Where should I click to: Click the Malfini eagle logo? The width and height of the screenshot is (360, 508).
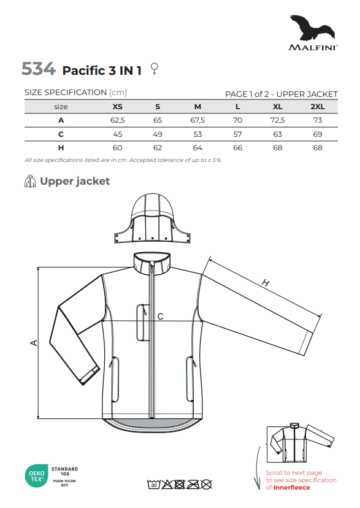tap(312, 28)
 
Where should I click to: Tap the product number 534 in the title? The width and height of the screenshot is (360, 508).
tap(39, 69)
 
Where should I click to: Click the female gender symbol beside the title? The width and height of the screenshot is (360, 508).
tap(155, 69)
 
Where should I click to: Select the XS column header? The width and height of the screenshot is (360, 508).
tap(118, 107)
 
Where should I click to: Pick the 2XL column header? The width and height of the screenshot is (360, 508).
tap(318, 107)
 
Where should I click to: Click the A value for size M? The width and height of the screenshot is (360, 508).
tap(197, 120)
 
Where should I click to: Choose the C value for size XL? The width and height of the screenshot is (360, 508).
tap(277, 134)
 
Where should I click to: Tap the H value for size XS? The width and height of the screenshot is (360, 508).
tap(118, 148)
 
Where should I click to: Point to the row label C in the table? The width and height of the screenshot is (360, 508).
tap(61, 134)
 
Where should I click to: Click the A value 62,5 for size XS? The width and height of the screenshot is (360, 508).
tap(118, 120)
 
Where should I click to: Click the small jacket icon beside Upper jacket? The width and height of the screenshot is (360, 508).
tap(30, 181)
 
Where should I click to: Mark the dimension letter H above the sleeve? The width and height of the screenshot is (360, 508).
tap(266, 283)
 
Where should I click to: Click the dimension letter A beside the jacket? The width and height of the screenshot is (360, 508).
tap(34, 342)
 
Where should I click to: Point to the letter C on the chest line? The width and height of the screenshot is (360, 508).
tap(160, 317)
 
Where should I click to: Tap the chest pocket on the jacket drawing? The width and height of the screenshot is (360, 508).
tap(142, 322)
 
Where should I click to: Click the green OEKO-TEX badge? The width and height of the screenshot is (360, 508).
tap(37, 476)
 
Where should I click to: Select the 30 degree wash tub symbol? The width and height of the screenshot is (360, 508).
tap(154, 485)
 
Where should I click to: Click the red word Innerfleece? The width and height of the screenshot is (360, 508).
tap(291, 488)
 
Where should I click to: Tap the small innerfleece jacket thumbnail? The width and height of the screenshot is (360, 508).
tap(301, 442)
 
